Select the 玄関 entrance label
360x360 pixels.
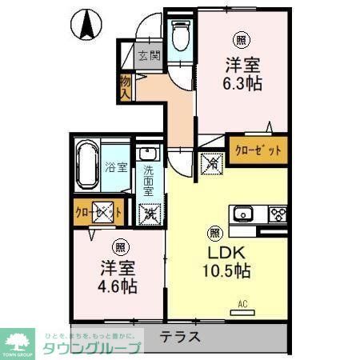pyautogui.click(x=148, y=56)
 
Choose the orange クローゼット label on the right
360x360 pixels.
pyautogui.click(x=258, y=150)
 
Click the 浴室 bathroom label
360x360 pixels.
pyautogui.click(x=116, y=167)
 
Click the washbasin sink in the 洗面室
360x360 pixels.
pyautogui.click(x=148, y=154)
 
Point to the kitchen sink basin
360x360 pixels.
pyautogui.click(x=242, y=214)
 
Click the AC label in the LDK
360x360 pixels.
pyautogui.click(x=243, y=303)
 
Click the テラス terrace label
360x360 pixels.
pyautogui.click(x=179, y=337)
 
